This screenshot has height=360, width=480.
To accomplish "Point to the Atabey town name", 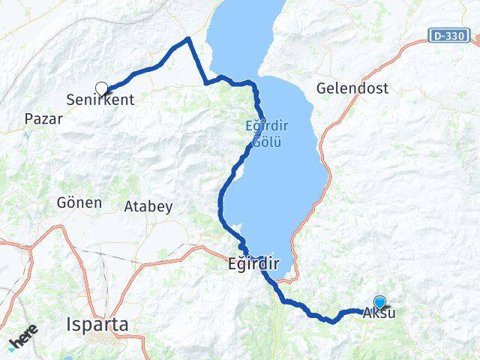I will [x=148, y=205].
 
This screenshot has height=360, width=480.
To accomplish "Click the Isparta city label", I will [x=97, y=325].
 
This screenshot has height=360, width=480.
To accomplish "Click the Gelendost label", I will [x=352, y=88].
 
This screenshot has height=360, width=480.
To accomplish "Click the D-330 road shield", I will [x=450, y=35].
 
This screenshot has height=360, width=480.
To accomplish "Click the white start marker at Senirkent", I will [x=101, y=88].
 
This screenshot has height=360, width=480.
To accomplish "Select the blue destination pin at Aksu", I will [x=379, y=302].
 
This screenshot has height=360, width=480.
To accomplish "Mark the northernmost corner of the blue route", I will [x=188, y=37].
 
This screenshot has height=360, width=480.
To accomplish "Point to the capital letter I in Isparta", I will [x=69, y=325].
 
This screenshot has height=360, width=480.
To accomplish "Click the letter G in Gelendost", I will [x=322, y=88].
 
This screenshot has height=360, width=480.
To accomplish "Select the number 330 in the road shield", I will [x=456, y=35].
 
